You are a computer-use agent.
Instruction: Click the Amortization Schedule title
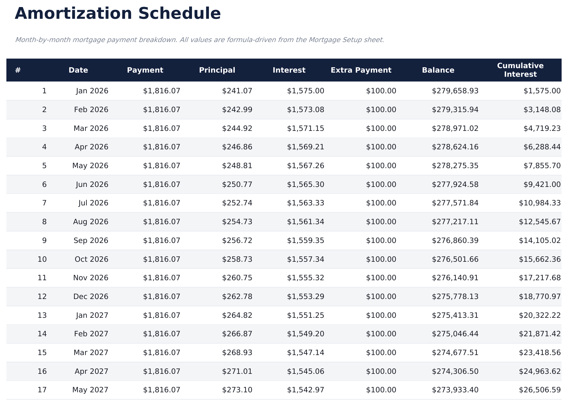coord(118,14)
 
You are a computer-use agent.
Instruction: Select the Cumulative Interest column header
coord(520,70)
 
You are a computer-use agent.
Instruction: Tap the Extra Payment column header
coord(361,70)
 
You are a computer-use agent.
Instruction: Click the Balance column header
coord(438,70)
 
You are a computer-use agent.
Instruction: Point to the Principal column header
coord(217,70)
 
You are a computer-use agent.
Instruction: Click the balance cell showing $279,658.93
coord(455,91)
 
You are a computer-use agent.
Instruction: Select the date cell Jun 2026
coord(92,185)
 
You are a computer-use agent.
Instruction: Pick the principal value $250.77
coord(237,185)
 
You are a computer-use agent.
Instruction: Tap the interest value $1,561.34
coord(305,222)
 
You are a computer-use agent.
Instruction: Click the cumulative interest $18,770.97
coord(539,297)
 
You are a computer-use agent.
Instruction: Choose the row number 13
coord(42,316)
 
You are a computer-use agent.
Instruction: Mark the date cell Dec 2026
coord(91,297)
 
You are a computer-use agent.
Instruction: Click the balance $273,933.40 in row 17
coord(455,390)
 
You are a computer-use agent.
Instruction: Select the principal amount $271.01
coord(237,372)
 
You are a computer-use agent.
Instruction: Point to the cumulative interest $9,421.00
coord(542,185)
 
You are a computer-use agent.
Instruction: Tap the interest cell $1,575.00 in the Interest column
coord(305,91)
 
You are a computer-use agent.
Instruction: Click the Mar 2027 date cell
coord(91,353)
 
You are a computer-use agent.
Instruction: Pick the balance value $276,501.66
coord(455,260)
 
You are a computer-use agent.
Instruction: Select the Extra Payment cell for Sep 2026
coord(381,241)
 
